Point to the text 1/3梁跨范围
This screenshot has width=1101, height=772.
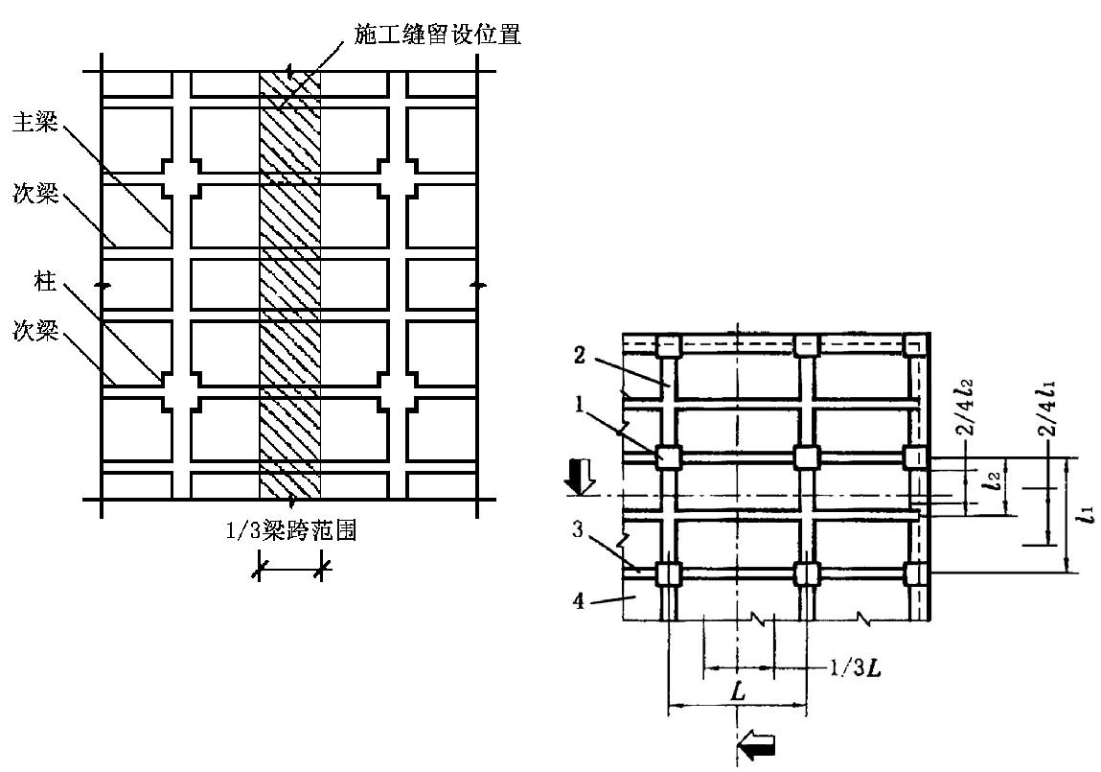coord(291,529)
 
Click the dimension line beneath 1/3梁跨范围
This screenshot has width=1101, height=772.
coord(290,570)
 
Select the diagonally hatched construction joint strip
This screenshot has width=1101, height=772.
coord(290,288)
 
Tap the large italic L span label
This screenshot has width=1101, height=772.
coord(737,690)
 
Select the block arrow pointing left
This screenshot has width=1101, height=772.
coord(758,743)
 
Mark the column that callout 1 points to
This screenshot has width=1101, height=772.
coord(668,457)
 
